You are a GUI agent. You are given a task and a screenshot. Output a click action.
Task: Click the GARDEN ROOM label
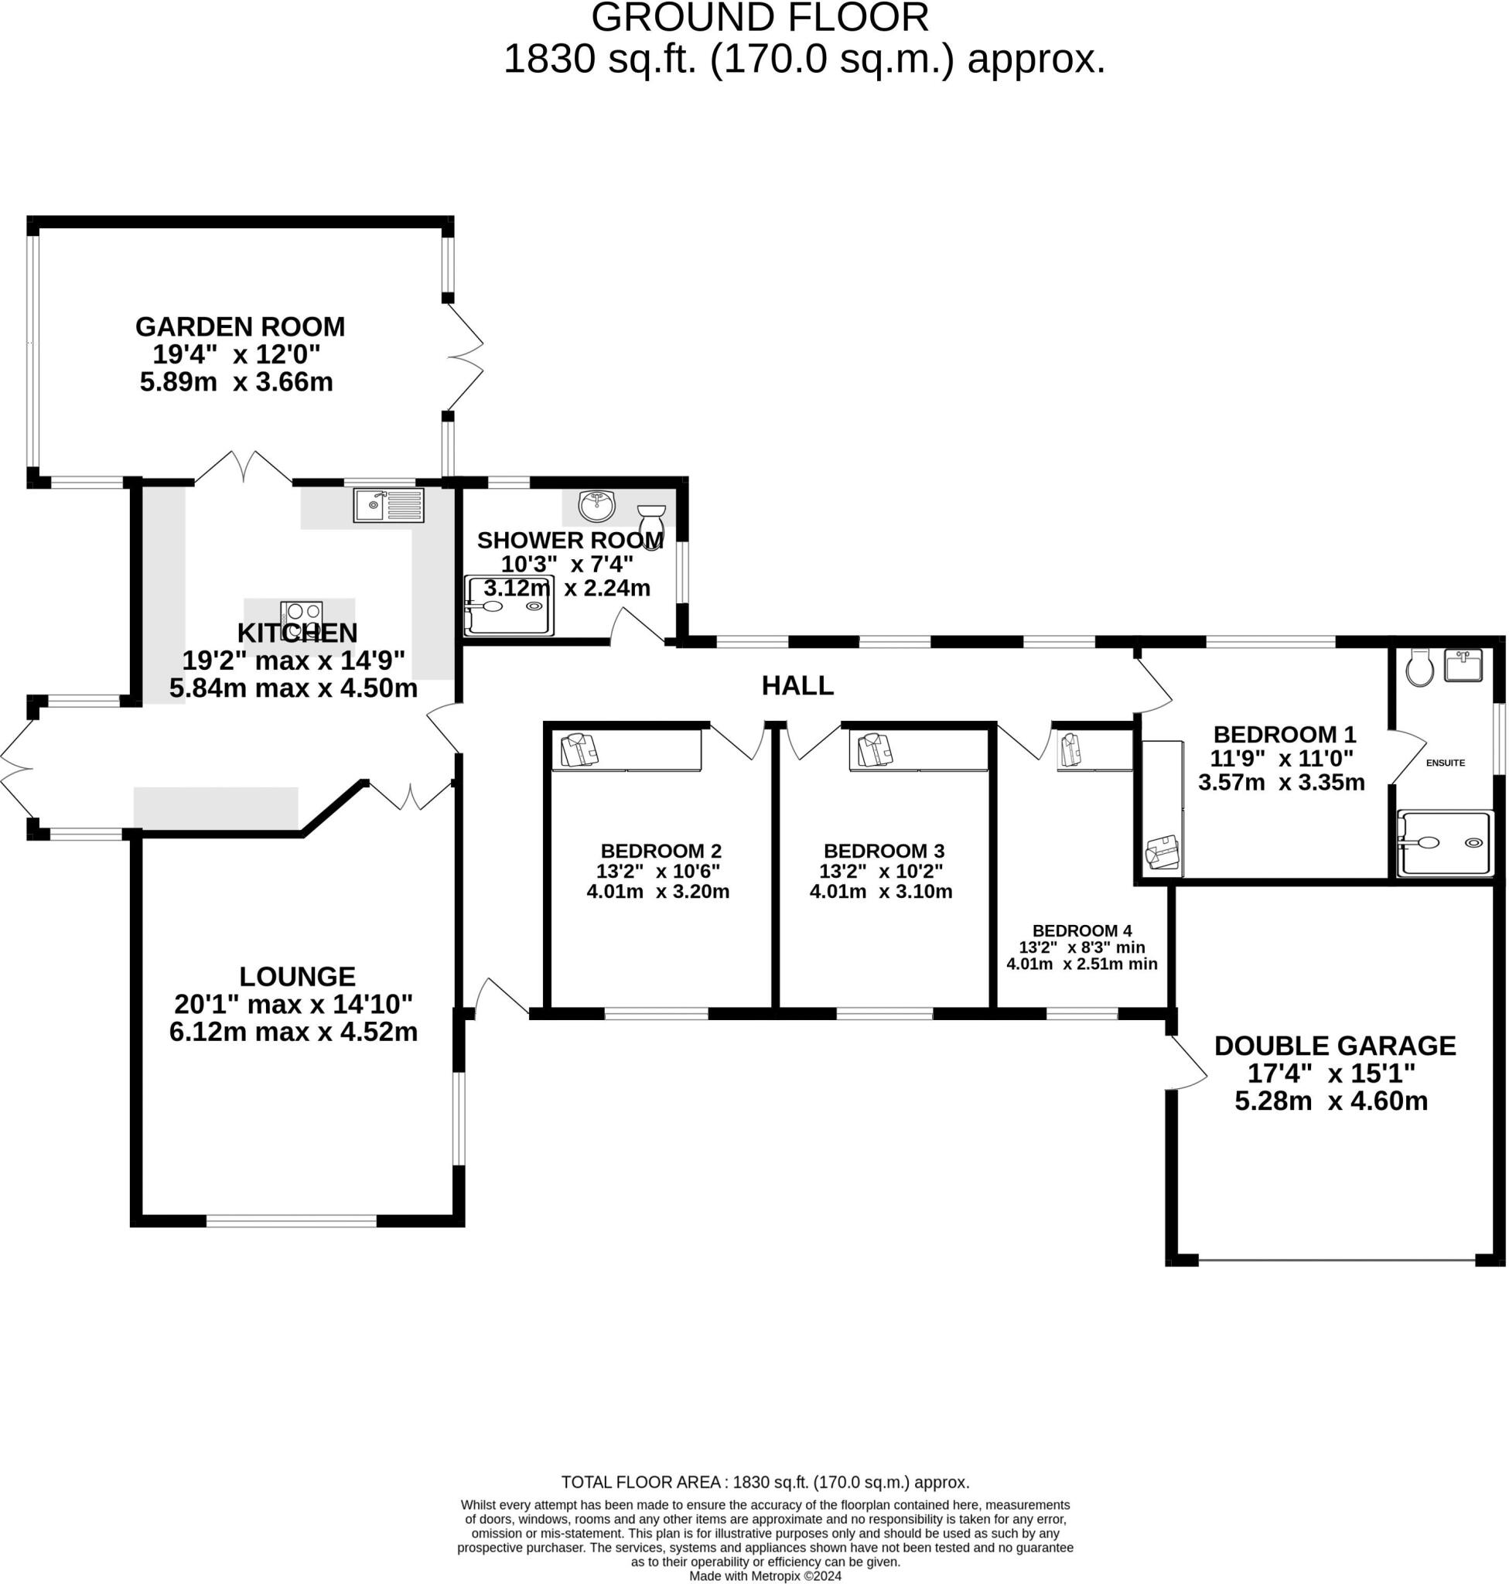tap(240, 326)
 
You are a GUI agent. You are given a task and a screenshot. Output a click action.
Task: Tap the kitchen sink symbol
tap(388, 506)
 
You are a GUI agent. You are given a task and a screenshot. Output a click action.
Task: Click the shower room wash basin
tap(596, 507)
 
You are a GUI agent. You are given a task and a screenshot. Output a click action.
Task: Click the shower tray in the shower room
tap(509, 606)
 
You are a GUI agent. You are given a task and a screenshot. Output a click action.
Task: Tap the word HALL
tap(797, 685)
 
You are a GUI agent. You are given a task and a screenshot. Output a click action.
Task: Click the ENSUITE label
tap(1445, 763)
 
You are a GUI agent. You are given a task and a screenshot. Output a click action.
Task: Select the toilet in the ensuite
tap(1421, 667)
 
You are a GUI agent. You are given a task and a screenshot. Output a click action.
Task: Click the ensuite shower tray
tap(1445, 843)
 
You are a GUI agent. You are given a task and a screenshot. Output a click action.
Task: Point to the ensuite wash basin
tap(1463, 665)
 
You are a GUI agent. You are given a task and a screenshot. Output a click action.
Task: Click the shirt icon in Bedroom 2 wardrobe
tap(580, 749)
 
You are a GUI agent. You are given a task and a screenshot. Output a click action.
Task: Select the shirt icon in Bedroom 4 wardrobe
tap(1070, 749)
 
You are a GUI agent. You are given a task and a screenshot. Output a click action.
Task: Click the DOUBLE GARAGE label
tap(1334, 1046)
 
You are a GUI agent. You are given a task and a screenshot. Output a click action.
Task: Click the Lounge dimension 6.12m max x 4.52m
tap(294, 1032)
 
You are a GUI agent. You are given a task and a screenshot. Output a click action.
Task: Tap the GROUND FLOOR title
tap(760, 18)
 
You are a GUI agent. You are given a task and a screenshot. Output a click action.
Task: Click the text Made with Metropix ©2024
tap(765, 1576)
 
